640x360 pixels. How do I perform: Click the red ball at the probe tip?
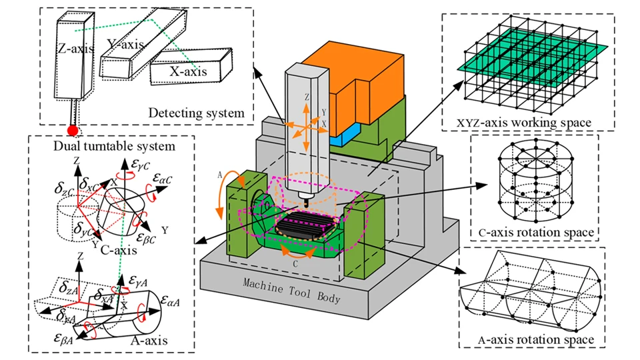[x=73, y=131]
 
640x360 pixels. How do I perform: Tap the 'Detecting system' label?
[x=196, y=113]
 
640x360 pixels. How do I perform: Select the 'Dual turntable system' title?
[x=114, y=146]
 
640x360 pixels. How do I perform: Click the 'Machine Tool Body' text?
[x=291, y=290]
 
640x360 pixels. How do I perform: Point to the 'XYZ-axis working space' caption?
[x=524, y=123]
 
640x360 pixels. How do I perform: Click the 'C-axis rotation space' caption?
[x=536, y=232]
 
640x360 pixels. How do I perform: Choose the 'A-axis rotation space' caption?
[x=536, y=339]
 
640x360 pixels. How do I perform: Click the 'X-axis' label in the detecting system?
[x=188, y=72]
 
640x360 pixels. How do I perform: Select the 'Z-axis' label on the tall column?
[x=75, y=49]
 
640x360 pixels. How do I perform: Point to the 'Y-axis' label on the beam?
[x=125, y=45]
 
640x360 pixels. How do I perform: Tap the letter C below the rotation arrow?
[x=295, y=264]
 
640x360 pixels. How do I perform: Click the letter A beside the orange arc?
[x=219, y=175]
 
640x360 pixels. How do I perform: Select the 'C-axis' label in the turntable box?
[x=119, y=249]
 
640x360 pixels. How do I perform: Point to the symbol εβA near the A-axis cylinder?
[x=64, y=339]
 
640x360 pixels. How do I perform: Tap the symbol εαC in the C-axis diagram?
[x=163, y=179]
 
